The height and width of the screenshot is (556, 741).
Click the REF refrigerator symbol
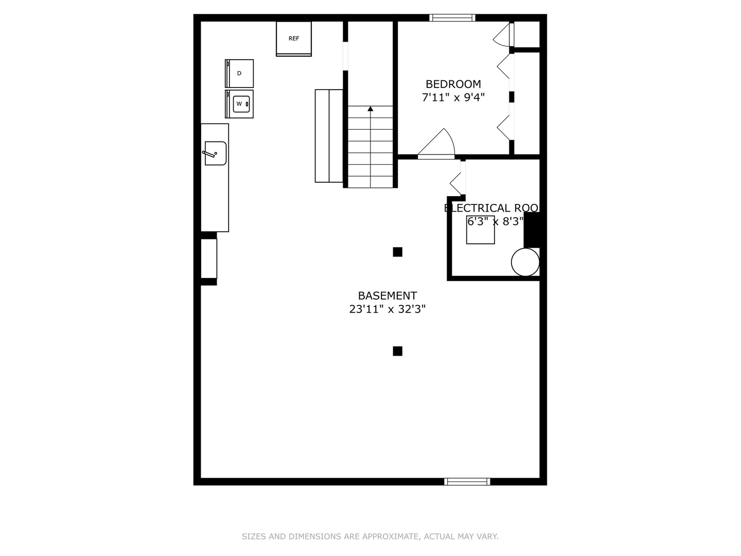point(294,39)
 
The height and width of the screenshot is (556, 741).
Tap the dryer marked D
point(239,73)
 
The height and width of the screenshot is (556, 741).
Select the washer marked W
point(240,104)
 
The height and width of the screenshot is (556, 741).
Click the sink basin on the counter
point(216,153)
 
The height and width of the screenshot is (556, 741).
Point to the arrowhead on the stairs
point(370,109)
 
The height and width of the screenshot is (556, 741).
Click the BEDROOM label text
point(453,84)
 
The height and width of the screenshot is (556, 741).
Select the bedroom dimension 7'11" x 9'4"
point(453,97)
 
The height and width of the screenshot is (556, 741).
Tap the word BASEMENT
point(387,296)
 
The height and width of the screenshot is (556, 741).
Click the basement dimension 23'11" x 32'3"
point(387,309)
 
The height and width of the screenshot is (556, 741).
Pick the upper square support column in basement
point(397,252)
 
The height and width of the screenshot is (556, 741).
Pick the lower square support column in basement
point(397,351)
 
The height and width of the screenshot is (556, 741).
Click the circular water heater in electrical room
point(525,262)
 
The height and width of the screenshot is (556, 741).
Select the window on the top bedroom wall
point(452,18)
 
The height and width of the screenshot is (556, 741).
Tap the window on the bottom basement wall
point(467,482)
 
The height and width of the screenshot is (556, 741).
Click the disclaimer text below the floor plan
point(370,536)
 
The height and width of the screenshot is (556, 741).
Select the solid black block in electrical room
point(532,230)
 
